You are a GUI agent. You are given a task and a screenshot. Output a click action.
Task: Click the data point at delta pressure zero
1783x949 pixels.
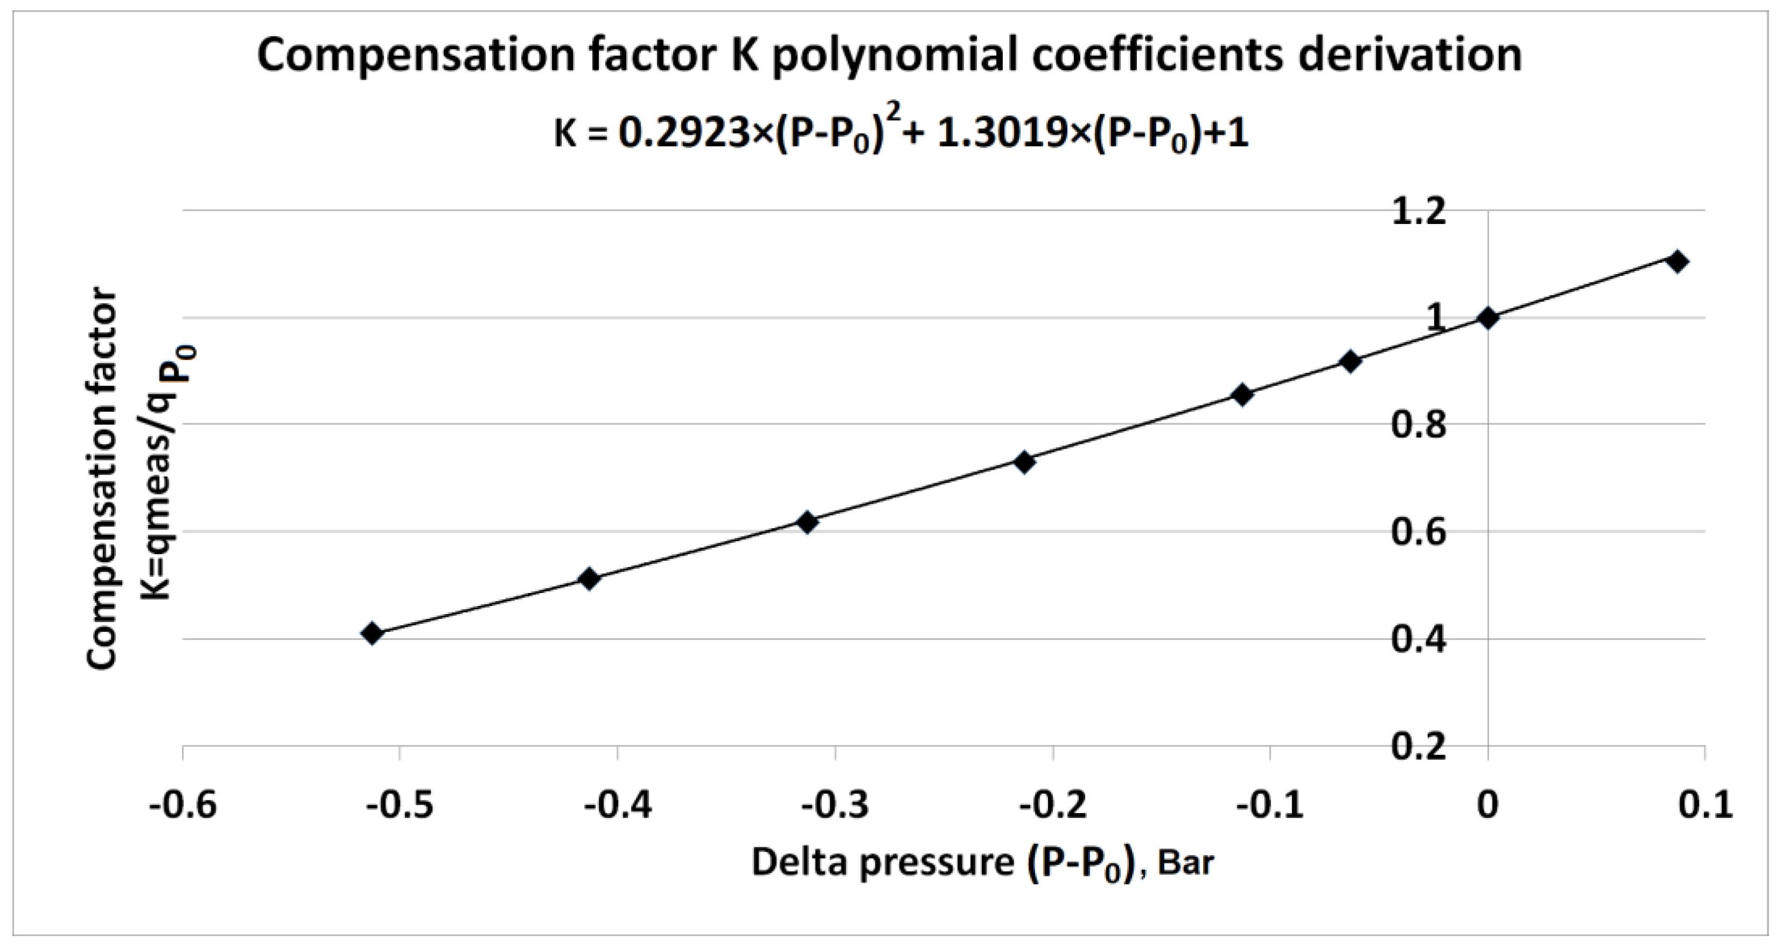pyautogui.click(x=1488, y=318)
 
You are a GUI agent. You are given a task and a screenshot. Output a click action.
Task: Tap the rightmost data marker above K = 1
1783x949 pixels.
pyautogui.click(x=1677, y=262)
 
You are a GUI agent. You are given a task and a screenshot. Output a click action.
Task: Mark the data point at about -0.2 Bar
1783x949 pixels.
pyautogui.click(x=1025, y=462)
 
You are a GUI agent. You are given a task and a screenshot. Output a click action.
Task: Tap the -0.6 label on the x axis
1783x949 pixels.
pyautogui.click(x=183, y=806)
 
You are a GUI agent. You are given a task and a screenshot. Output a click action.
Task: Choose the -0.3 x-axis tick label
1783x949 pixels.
pyautogui.click(x=835, y=806)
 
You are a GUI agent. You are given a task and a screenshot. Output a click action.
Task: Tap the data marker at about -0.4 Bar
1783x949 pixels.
pyautogui.click(x=589, y=578)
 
